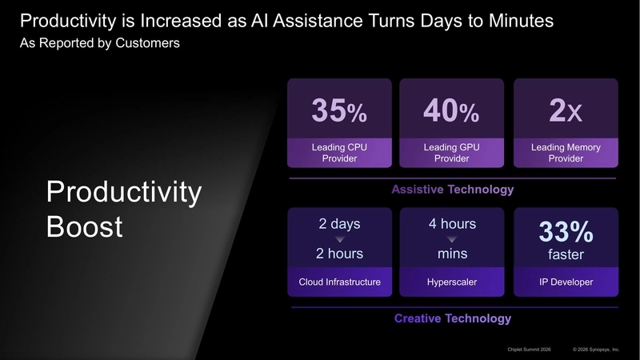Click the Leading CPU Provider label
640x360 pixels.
click(339, 153)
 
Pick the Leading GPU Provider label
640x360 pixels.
click(451, 153)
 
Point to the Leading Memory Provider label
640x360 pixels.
click(565, 153)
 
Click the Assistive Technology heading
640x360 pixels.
click(452, 190)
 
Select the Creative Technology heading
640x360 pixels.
click(452, 318)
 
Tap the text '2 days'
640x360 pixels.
click(339, 224)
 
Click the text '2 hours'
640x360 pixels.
click(339, 254)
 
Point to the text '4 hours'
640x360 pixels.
click(452, 224)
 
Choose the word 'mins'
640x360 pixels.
click(452, 254)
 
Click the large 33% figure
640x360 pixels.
click(566, 232)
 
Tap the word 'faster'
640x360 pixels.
click(566, 255)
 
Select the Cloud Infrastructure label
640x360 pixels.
click(339, 282)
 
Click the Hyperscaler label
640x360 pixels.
click(452, 282)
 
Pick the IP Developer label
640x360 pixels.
click(566, 282)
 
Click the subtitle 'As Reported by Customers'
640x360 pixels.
click(99, 43)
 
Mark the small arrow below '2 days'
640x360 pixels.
click(339, 239)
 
